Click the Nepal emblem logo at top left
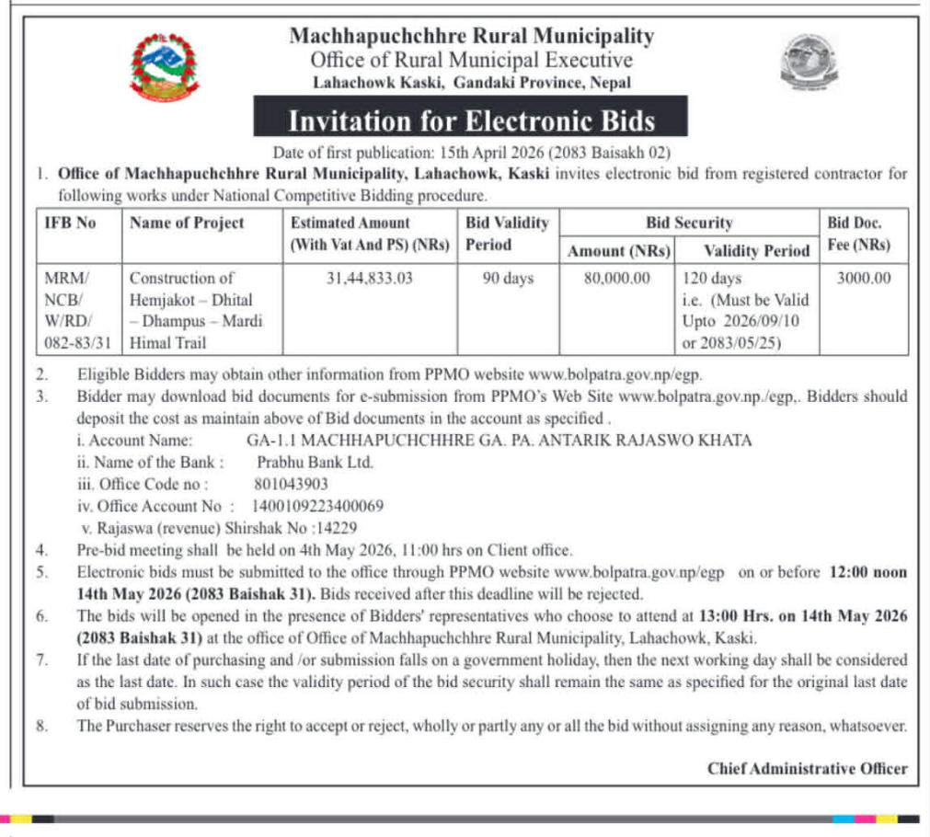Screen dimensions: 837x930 [164, 66]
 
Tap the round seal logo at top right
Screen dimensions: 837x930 [809, 64]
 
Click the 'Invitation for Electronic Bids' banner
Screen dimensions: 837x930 [471, 120]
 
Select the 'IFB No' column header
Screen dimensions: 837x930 [70, 223]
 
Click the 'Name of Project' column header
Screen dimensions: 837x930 [187, 223]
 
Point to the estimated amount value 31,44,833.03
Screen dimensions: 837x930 [370, 278]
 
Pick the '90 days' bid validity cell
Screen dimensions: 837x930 [508, 278]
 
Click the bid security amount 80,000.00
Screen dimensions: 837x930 [617, 278]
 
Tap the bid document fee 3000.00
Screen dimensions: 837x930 [863, 278]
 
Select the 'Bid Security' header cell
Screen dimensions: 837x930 [689, 223]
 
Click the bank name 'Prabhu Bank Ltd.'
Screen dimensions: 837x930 [315, 462]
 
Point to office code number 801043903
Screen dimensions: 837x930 [291, 484]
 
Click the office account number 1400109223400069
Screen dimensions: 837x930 [317, 506]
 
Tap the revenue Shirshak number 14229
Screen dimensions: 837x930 [336, 528]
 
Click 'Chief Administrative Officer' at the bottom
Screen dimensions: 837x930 [807, 769]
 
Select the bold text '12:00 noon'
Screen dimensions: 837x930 [868, 572]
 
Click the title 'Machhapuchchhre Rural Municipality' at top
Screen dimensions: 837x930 [471, 37]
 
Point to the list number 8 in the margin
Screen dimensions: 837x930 [41, 726]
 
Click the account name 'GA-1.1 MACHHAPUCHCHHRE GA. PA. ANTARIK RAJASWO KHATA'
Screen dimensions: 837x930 [499, 440]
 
